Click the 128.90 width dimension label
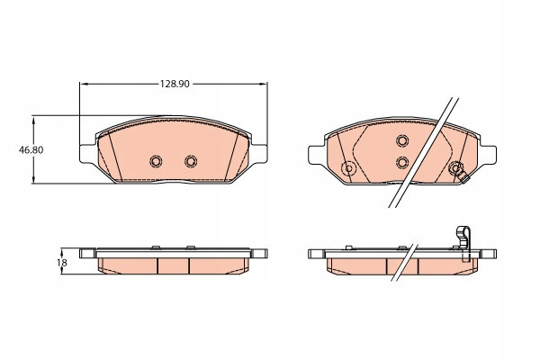[x=175, y=84]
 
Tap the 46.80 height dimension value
[x=31, y=150]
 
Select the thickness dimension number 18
[x=62, y=263]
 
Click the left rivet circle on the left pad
[x=156, y=161]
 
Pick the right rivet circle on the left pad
[x=191, y=161]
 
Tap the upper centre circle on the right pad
[x=402, y=140]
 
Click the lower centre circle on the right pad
[x=402, y=162]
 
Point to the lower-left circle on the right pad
[x=348, y=168]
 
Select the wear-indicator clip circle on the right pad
[x=455, y=168]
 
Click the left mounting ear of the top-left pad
[x=87, y=154]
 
